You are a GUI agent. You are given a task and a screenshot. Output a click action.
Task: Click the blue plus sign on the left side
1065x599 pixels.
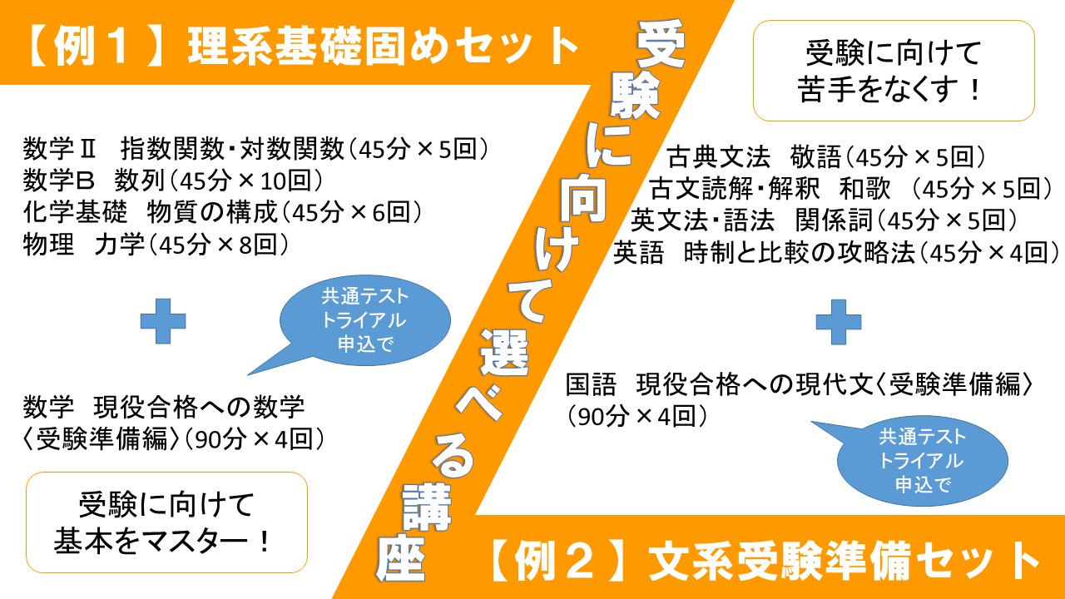(163, 321)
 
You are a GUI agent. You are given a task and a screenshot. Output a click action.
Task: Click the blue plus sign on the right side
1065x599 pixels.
(839, 322)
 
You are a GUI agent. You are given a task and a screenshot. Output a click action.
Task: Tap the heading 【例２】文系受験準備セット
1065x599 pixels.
(764, 562)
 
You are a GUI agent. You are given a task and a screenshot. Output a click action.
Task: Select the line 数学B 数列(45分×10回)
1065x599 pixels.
(174, 181)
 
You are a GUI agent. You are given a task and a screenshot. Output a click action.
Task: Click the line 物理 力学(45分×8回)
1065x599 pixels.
(156, 245)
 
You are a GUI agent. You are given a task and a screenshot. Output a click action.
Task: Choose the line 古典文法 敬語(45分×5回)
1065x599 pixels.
(826, 157)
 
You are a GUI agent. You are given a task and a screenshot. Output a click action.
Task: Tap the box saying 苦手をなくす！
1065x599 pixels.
(894, 71)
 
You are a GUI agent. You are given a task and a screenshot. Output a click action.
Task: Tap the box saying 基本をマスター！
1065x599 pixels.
(166, 522)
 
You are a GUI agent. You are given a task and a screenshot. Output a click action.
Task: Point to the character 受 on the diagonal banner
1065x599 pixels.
(660, 44)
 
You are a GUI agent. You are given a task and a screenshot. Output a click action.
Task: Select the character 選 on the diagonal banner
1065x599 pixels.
(505, 352)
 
